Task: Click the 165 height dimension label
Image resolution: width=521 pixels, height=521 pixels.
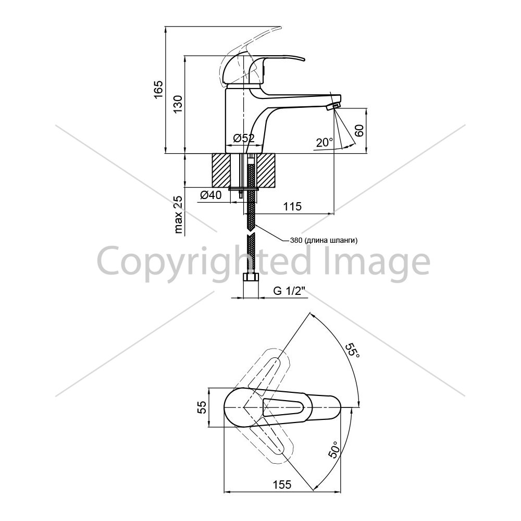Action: point(158,89)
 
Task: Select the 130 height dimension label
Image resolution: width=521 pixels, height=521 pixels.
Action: point(178,104)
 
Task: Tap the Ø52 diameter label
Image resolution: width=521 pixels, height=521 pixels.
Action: point(243,138)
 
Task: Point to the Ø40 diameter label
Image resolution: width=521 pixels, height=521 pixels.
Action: point(210,195)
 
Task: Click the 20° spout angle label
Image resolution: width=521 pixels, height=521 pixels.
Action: point(324,143)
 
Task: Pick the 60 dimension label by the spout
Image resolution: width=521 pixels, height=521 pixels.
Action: point(359,131)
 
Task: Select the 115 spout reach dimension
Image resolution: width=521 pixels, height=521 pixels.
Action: point(292,206)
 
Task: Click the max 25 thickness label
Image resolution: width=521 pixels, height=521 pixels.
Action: point(178,215)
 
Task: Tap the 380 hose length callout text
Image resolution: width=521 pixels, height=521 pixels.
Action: point(324,241)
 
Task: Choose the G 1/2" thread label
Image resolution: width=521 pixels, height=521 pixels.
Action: point(289,291)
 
